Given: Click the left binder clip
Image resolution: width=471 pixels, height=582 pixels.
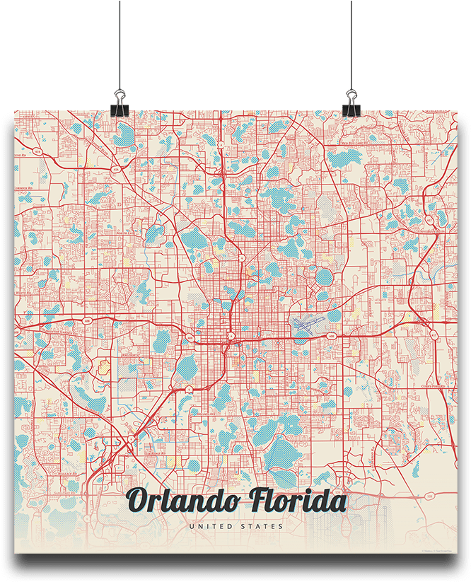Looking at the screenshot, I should click(x=119, y=103).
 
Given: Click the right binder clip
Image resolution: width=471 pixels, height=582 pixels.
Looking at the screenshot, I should click(x=351, y=103).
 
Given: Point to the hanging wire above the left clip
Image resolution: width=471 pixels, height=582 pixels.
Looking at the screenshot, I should click(x=120, y=42).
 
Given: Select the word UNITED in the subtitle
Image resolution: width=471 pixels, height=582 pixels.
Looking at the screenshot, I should click(x=209, y=526).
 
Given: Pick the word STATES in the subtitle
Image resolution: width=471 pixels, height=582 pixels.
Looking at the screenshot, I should click(x=261, y=526).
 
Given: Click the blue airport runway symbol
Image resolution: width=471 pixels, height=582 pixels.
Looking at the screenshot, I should click(x=306, y=324).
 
